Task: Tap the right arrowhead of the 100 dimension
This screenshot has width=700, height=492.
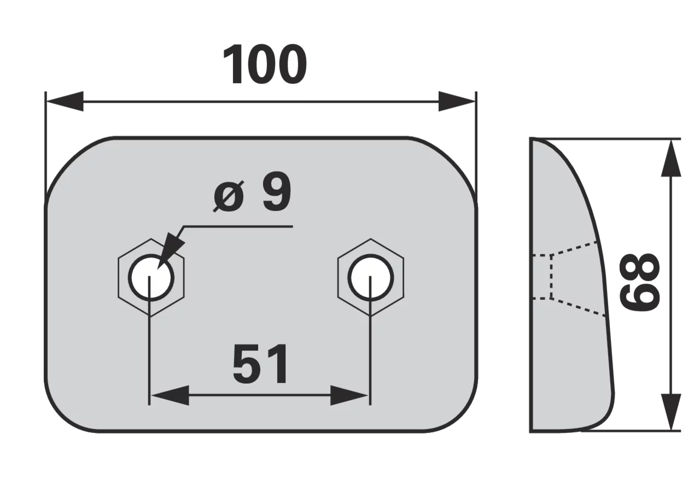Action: point(457,101)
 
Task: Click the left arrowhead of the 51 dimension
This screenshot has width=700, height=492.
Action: point(170,395)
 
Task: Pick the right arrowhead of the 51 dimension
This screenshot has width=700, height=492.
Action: point(349,395)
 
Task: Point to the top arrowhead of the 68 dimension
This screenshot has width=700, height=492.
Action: point(671,159)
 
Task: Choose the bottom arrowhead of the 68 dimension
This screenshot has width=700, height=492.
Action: point(671,412)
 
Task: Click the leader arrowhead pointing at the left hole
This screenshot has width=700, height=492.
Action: point(170,253)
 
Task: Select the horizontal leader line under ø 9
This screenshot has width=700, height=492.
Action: point(238,226)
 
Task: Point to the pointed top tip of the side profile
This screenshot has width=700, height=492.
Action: point(531,138)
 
